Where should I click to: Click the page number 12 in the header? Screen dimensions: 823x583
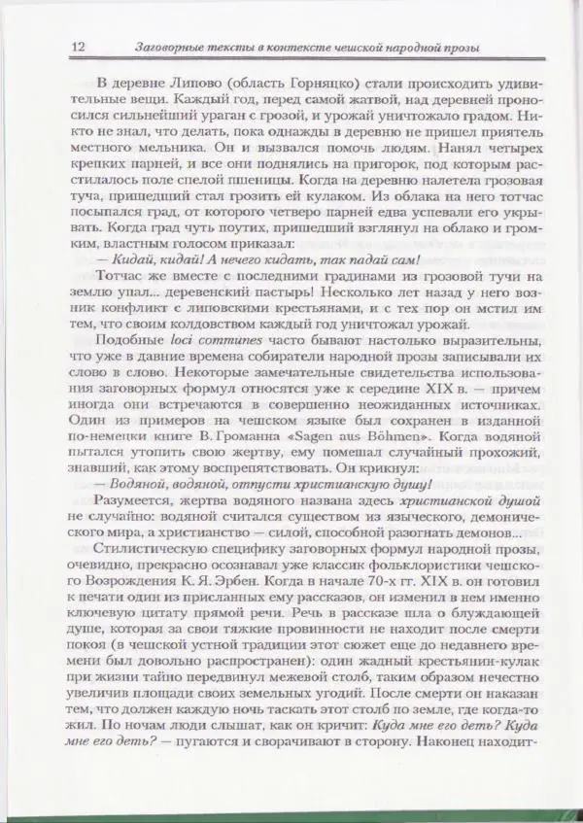(x=79, y=48)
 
